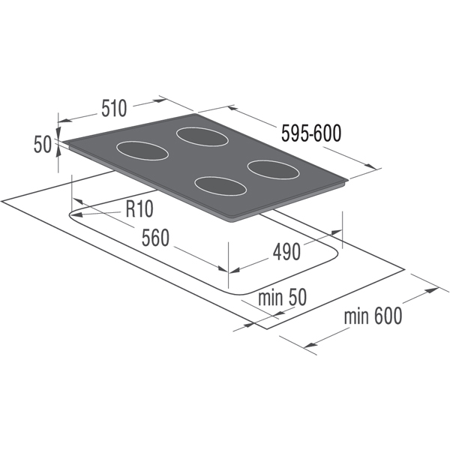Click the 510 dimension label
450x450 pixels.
(114, 108)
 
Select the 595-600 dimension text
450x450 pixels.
(311, 133)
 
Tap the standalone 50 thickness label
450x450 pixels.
(43, 144)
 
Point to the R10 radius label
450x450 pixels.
(139, 208)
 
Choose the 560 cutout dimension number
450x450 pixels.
(155, 238)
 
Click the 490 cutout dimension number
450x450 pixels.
(286, 252)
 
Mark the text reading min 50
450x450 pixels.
(282, 297)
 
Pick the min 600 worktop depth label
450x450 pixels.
(373, 316)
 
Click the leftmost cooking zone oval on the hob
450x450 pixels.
(142, 151)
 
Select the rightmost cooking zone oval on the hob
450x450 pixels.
(274, 170)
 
